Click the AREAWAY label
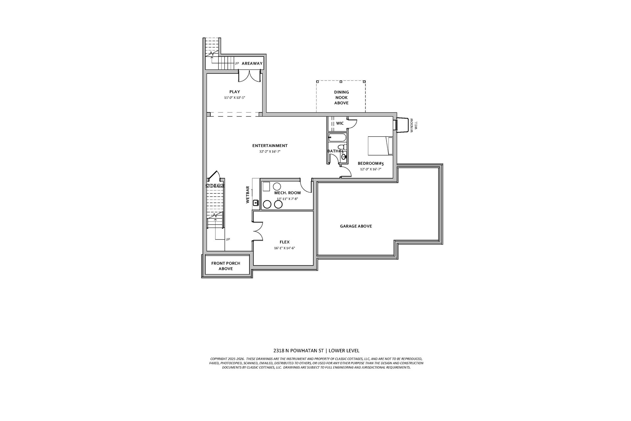coord(252,63)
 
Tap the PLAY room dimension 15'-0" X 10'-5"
coord(235,98)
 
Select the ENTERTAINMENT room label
coord(270,146)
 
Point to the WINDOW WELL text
coord(413,125)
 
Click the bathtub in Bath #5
coord(337,137)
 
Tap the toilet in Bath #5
coord(342,147)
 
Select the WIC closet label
coord(340,123)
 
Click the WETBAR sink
coord(256,203)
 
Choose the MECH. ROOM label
coord(288,193)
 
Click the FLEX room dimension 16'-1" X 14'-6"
coord(284,248)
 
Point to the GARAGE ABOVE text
coord(356,226)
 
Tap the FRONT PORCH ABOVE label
coord(226,266)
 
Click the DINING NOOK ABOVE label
coord(341,97)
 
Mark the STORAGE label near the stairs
coord(215,186)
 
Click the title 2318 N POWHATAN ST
coord(299,351)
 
